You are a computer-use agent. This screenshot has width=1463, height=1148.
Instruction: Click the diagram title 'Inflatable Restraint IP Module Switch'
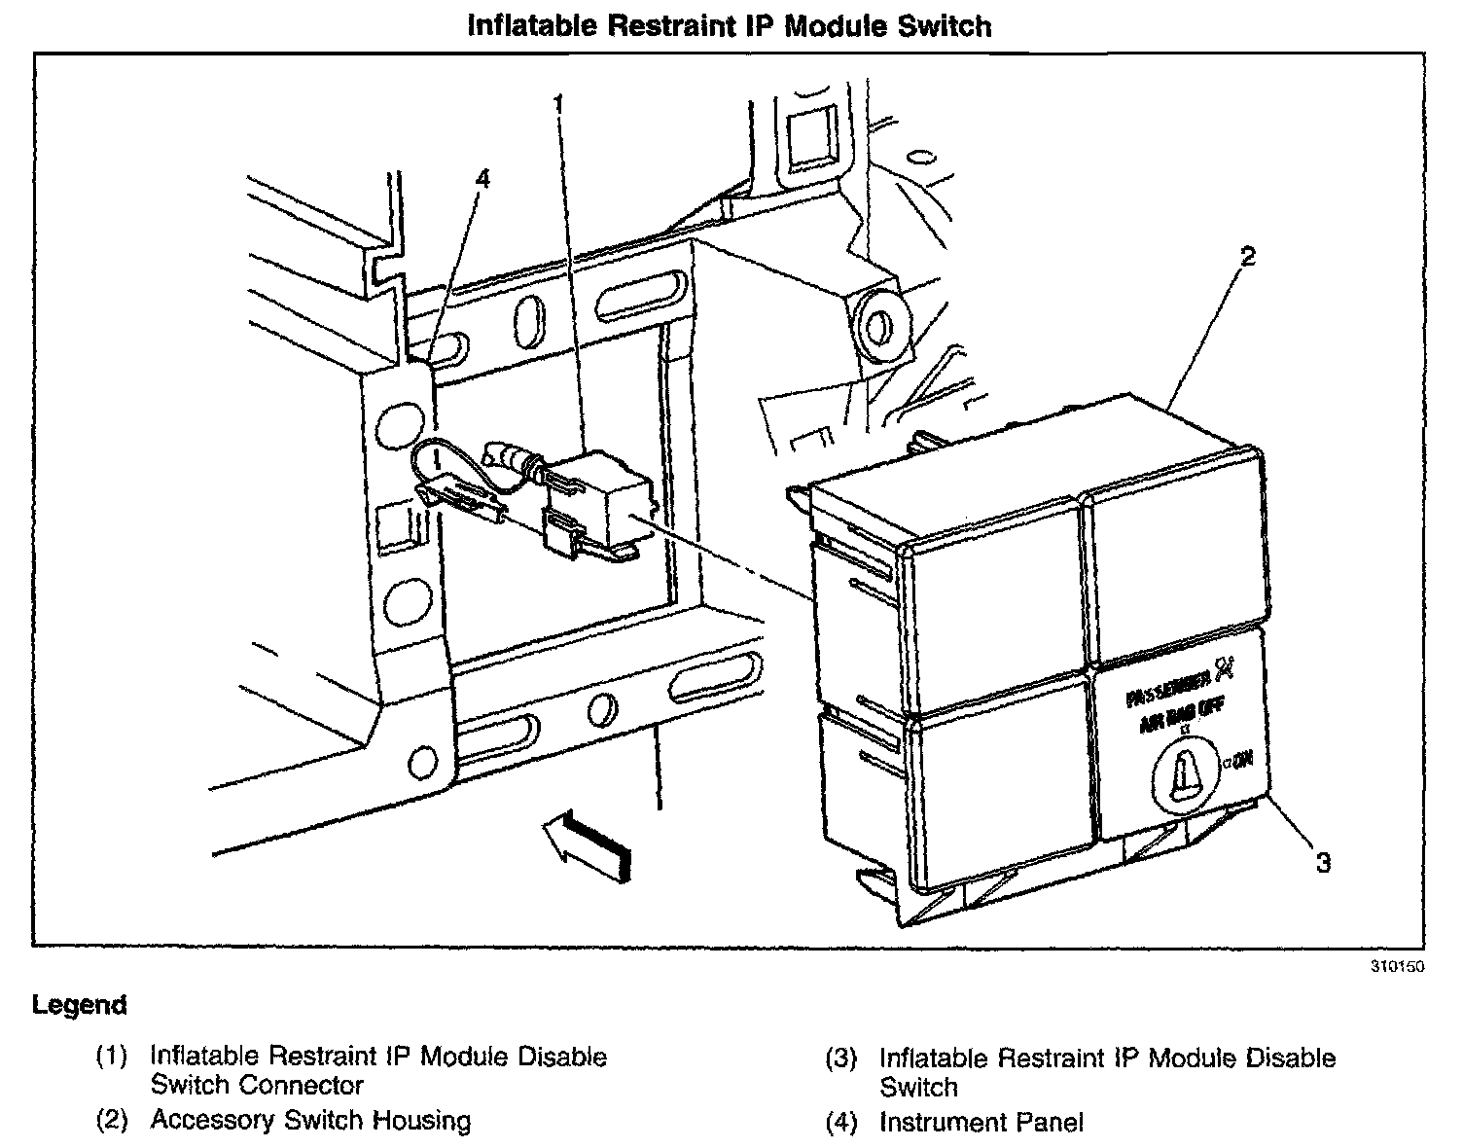click(730, 25)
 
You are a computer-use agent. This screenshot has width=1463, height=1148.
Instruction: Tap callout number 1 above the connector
click(558, 102)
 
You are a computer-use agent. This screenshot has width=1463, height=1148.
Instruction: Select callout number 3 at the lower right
click(1322, 862)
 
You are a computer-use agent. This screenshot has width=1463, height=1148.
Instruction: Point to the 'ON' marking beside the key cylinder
click(1242, 759)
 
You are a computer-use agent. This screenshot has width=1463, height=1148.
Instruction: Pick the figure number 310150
click(1397, 967)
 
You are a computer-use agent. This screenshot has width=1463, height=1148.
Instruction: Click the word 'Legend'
click(80, 1005)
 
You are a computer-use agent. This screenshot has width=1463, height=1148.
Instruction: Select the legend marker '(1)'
click(112, 1058)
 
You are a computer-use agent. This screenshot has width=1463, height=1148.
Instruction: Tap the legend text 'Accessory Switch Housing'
click(310, 1121)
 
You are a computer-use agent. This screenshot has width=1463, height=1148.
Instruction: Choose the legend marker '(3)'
click(841, 1059)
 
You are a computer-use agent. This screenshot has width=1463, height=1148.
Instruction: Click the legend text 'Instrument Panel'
click(981, 1123)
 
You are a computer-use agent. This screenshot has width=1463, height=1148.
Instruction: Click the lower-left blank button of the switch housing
click(1002, 788)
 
